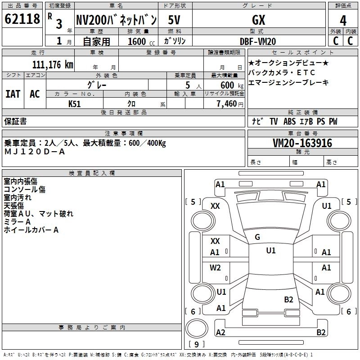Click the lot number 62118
(22, 19)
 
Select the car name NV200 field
(116, 20)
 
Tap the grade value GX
(258, 20)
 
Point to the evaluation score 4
(343, 21)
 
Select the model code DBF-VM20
(258, 41)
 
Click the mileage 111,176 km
(53, 64)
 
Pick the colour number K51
(75, 103)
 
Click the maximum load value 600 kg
(227, 85)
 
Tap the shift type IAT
(13, 94)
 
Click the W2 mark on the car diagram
(216, 268)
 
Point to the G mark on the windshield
(257, 237)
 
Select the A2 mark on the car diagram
(220, 332)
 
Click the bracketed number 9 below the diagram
(197, 344)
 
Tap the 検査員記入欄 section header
(92, 173)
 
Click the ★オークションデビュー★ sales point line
(288, 62)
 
